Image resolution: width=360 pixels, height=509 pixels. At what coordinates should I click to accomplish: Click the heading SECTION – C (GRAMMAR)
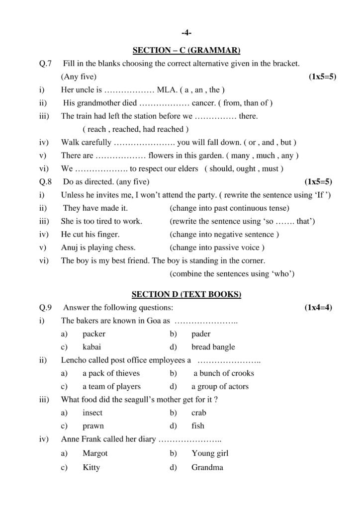pos(186,50)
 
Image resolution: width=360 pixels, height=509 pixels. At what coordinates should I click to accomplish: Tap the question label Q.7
pos(45,64)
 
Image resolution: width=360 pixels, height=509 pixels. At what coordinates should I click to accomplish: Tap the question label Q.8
pos(45,181)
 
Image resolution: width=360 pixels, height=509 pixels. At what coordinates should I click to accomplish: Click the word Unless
pos(72,194)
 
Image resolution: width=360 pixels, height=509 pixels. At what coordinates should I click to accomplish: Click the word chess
pos(126,247)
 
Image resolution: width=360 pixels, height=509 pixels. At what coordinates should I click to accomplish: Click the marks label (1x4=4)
pos(318,308)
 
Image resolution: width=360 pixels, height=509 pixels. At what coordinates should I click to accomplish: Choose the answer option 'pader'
pos(201,334)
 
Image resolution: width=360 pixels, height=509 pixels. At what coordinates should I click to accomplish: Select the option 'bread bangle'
pos(213,347)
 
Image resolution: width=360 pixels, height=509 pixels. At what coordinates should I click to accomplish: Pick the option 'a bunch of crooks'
pos(223,373)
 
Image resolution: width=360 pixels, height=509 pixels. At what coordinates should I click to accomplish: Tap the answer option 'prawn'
pos(93,426)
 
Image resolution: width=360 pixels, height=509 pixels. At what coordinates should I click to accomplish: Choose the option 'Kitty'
pos(91,467)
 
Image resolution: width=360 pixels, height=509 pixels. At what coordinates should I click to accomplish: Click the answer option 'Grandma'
pos(207,467)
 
